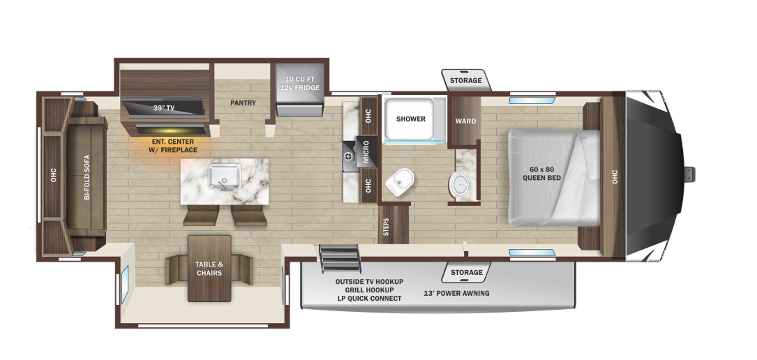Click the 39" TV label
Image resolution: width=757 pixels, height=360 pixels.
coord(164,108)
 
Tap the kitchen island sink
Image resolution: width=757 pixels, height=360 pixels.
coord(225,176)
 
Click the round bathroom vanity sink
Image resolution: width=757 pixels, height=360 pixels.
coord(460,185)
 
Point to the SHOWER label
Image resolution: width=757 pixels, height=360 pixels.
coord(411,119)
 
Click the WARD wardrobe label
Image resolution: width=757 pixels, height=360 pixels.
coord(465,121)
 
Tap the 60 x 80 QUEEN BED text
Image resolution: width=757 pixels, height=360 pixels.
coord(541,173)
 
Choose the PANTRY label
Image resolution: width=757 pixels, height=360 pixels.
coord(243,103)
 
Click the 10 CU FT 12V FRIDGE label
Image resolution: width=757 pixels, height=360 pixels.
coord(300,83)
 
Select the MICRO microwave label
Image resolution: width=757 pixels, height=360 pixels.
coord(366,152)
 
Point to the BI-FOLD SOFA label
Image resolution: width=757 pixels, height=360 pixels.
coord(87,178)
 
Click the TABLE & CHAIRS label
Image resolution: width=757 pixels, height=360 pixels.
coord(209,269)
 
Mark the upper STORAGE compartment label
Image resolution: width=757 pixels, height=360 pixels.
coord(465,81)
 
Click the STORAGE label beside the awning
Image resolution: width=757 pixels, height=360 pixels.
coord(466,272)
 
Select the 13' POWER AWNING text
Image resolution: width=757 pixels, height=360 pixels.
coord(458,293)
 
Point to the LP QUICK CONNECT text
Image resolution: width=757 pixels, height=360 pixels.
coord(369,299)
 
